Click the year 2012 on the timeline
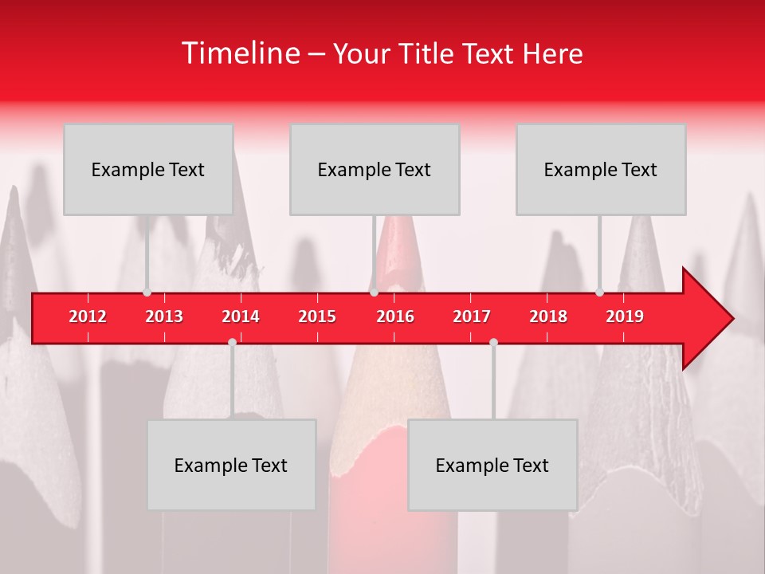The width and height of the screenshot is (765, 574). [x=88, y=316]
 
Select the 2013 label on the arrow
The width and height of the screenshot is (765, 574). [x=164, y=316]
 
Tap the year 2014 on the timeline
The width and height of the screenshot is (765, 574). [x=241, y=316]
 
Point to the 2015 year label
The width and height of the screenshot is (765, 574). [x=317, y=316]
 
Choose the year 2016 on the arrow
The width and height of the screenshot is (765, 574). [x=395, y=316]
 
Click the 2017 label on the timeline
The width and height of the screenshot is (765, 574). [x=472, y=316]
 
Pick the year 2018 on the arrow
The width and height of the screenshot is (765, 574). [x=548, y=316]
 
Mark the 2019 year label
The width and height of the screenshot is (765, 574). [x=625, y=316]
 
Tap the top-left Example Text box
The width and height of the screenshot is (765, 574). [x=148, y=169]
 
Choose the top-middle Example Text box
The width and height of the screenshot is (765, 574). [x=375, y=169]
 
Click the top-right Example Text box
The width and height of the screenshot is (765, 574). [x=601, y=169]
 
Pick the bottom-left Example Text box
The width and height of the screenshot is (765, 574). [x=231, y=465]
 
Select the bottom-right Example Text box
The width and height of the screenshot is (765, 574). [x=492, y=465]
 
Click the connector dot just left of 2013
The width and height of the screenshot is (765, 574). [x=147, y=292]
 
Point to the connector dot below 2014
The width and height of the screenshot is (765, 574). [x=232, y=342]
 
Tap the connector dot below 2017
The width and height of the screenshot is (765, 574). [x=493, y=342]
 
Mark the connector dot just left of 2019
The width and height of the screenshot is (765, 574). [x=599, y=292]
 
